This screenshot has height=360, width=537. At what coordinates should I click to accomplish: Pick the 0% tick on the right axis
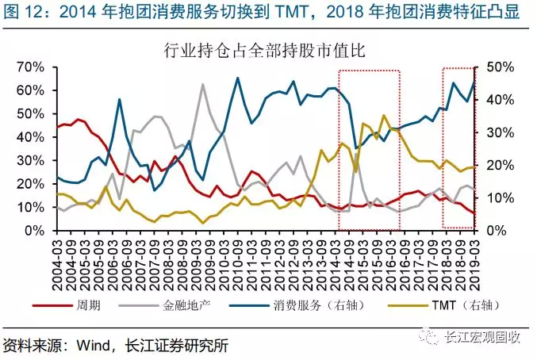point(497,231)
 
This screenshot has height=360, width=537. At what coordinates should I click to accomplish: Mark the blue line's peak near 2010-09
point(237,78)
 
